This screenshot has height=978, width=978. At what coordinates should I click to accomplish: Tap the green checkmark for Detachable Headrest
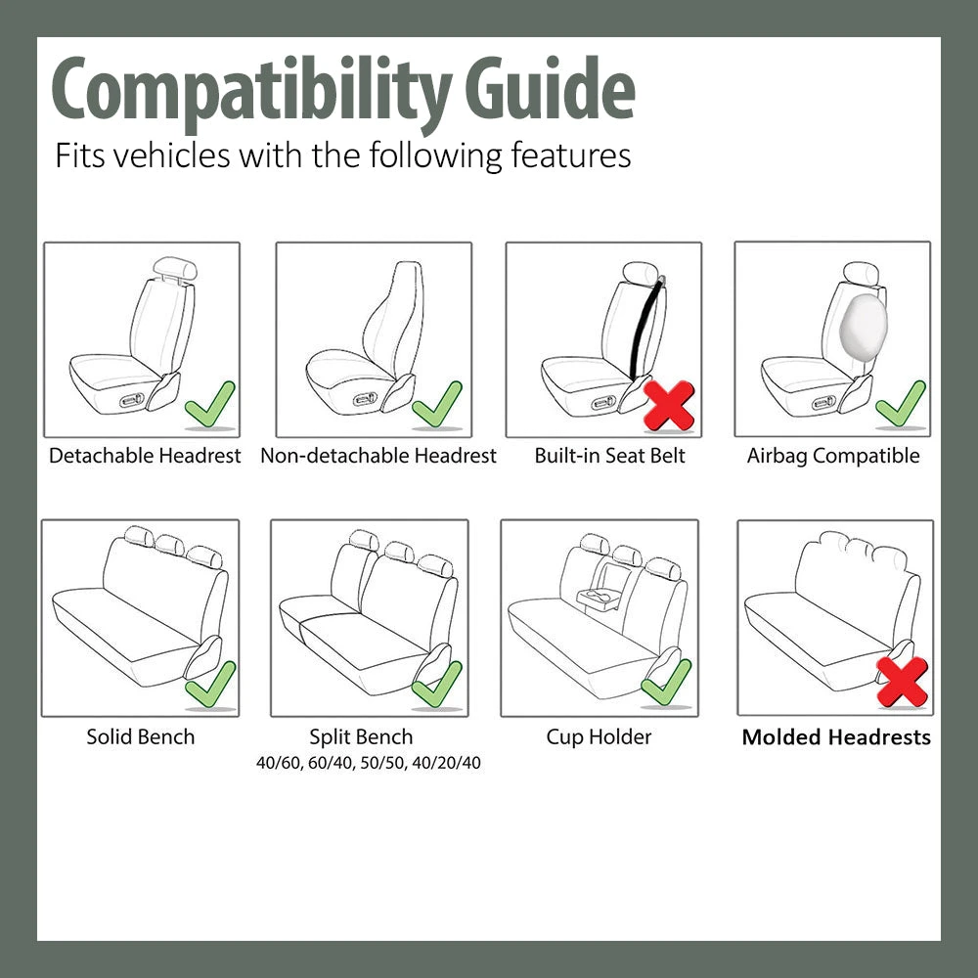[209, 404]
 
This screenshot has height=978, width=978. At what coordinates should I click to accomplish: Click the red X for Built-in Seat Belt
[669, 405]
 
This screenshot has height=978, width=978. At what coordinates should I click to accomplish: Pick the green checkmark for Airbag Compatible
[900, 404]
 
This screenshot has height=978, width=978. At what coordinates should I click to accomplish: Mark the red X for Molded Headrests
[902, 683]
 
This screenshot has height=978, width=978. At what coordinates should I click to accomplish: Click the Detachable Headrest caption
[145, 456]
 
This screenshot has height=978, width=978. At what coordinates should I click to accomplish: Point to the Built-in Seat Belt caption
[609, 456]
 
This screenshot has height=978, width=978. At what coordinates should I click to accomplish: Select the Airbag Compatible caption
[833, 456]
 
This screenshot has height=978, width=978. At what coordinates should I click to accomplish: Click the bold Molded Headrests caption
[836, 737]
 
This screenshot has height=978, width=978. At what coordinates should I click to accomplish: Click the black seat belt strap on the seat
[645, 328]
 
